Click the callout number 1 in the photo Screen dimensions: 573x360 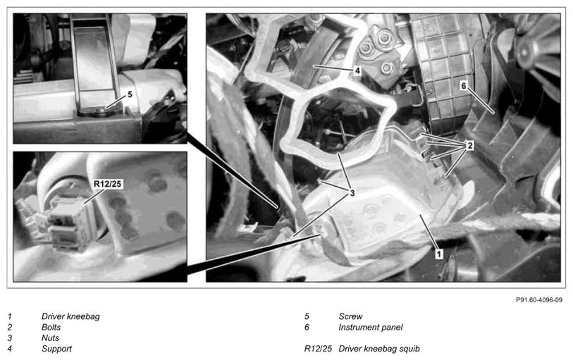tap(439, 254)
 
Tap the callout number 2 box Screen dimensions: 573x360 tap(469, 145)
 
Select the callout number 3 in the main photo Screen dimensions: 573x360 tap(352, 192)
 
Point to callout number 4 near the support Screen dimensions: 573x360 tap(357, 70)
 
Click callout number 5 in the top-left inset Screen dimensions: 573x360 tap(130, 94)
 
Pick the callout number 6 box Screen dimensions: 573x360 tap(463, 85)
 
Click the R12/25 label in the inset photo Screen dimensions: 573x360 tap(107, 184)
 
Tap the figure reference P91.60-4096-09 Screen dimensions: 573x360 tap(539, 299)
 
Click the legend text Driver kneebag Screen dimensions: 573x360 tap(70, 316)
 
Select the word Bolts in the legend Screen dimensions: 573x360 tap(51, 327)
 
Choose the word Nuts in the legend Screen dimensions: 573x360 tap(50, 337)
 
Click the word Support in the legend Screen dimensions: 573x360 tap(56, 349)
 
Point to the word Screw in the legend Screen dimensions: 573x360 tap(350, 316)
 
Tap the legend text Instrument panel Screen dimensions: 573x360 tap(371, 327)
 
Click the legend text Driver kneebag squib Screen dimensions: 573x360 tap(379, 349)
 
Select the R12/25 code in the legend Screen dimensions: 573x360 tap(318, 349)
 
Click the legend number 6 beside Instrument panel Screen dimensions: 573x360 tap(307, 327)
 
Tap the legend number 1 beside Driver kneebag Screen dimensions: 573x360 tap(10, 316)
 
